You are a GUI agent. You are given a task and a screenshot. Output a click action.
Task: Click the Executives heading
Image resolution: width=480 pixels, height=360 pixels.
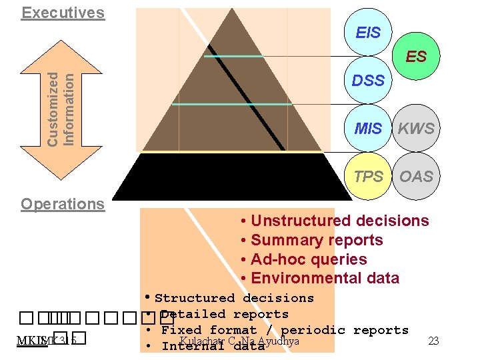(x=63, y=13)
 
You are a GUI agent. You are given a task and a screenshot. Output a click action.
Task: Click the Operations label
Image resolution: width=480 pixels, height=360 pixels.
(x=63, y=204)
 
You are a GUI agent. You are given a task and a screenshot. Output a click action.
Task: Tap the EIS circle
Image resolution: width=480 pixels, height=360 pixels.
(x=368, y=33)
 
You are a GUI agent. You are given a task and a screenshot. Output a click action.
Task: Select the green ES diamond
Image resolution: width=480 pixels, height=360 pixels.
(x=416, y=57)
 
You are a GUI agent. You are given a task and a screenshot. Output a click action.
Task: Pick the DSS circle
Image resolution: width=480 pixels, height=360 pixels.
(x=368, y=81)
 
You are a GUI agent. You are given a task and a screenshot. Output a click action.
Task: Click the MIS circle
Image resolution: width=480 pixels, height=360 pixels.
(x=368, y=129)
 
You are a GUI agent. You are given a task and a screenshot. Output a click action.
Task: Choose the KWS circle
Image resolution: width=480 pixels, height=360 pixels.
(x=416, y=129)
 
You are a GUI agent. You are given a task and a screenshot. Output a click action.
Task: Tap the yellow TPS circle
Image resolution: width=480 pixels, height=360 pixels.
(x=368, y=177)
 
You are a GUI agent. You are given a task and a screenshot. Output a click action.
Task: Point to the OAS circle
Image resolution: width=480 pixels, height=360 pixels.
(x=416, y=177)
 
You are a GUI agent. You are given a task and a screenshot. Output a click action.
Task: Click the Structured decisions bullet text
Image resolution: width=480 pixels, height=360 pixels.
(x=234, y=298)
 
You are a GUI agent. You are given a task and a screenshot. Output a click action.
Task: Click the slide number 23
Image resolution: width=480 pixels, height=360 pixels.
(x=433, y=341)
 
